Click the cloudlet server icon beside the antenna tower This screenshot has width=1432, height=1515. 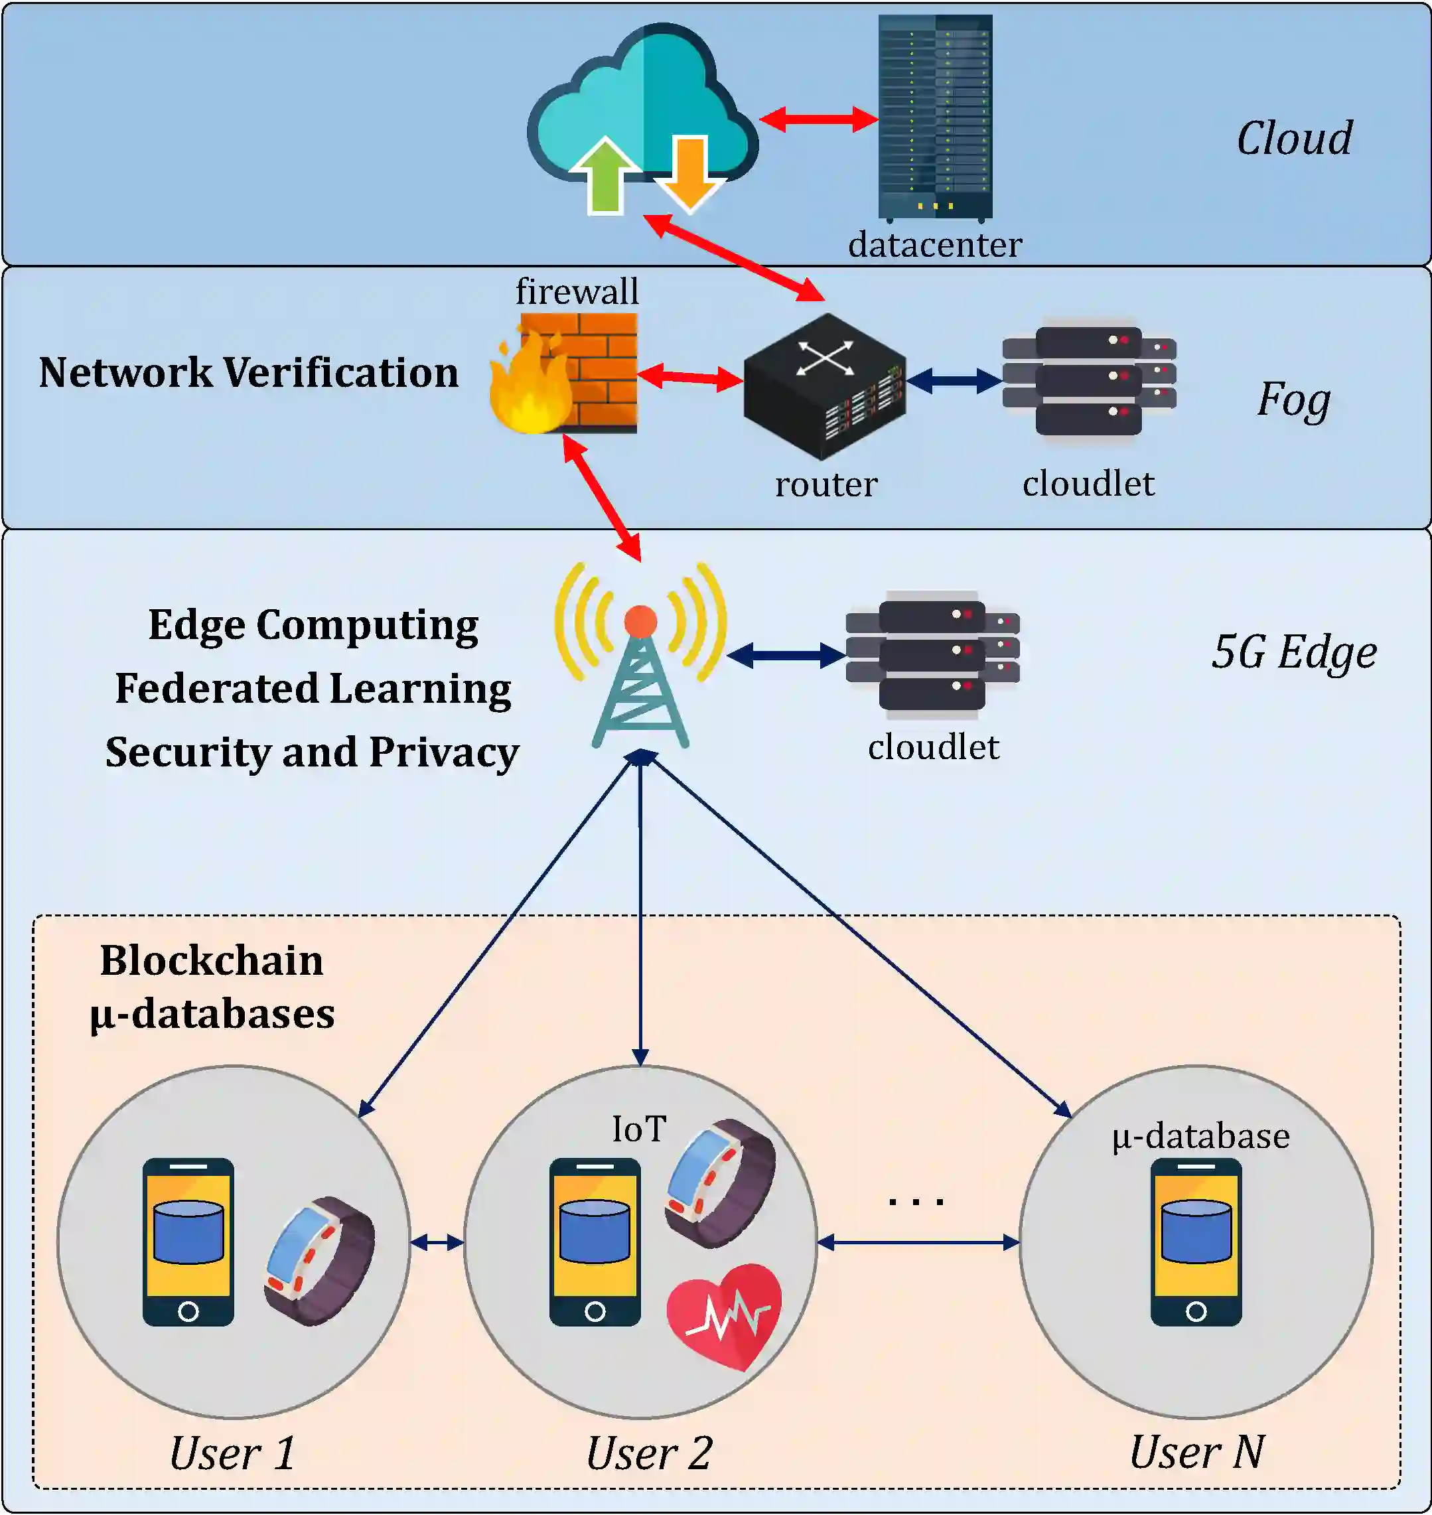coord(932,655)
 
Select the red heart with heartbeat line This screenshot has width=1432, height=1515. coord(724,1315)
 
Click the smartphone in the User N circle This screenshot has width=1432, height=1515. coord(1195,1242)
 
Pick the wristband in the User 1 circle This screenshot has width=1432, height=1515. coord(319,1260)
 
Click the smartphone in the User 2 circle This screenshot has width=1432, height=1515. coord(595,1242)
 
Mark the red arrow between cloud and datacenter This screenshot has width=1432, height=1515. coord(818,119)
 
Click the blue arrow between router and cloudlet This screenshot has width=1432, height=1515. coord(954,380)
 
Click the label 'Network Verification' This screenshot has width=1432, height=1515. coord(249,372)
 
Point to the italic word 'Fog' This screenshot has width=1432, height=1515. coord(1294,399)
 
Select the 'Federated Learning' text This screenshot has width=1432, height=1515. coord(313,688)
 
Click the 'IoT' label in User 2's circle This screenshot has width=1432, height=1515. coord(639,1129)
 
